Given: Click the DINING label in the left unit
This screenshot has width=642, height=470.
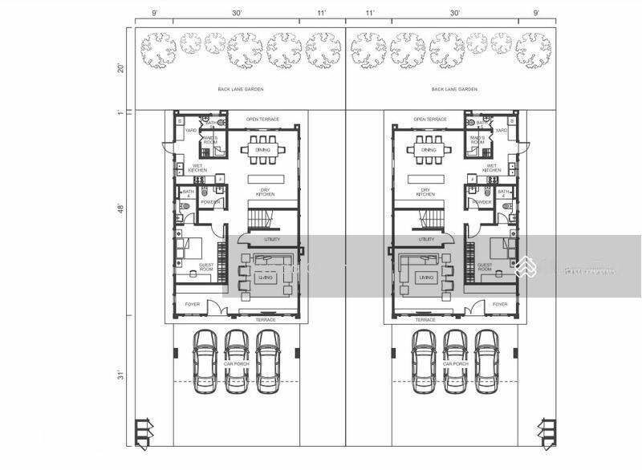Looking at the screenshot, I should [x=262, y=149].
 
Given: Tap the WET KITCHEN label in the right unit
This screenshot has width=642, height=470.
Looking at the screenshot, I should [x=492, y=168].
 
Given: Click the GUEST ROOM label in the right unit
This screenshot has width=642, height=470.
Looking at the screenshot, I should [x=485, y=267].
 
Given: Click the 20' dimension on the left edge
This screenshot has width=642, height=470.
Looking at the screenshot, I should [x=120, y=68].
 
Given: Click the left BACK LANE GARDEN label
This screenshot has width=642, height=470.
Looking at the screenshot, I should [x=241, y=90].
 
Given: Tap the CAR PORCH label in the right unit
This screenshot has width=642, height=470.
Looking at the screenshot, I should [x=455, y=363].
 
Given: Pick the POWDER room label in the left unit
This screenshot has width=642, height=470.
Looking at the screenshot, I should [x=210, y=202].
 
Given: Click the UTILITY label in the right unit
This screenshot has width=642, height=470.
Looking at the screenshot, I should [x=426, y=239].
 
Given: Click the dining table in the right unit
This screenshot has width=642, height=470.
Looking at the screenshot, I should [x=421, y=148].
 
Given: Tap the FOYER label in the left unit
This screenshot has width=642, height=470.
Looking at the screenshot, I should [x=193, y=305].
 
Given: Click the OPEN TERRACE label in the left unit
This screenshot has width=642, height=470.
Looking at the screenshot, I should [x=262, y=119].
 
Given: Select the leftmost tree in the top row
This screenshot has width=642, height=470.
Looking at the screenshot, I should [x=157, y=49].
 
